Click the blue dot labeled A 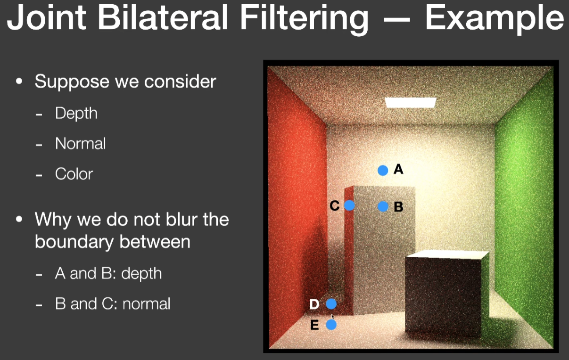(x=383, y=171)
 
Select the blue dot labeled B (x=383, y=206)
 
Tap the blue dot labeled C (x=349, y=205)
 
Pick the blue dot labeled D (x=331, y=304)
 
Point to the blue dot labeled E (x=331, y=325)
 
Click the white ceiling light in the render (x=411, y=103)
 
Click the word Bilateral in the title (x=163, y=17)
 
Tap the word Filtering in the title (x=304, y=19)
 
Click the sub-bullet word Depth (x=76, y=113)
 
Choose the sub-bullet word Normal (x=80, y=143)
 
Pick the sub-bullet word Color (x=74, y=174)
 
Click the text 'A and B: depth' (x=108, y=273)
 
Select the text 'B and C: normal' (x=113, y=303)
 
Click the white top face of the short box (x=447, y=254)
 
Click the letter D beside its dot (x=314, y=304)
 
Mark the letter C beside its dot (x=335, y=205)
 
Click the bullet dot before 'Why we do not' (x=19, y=219)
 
